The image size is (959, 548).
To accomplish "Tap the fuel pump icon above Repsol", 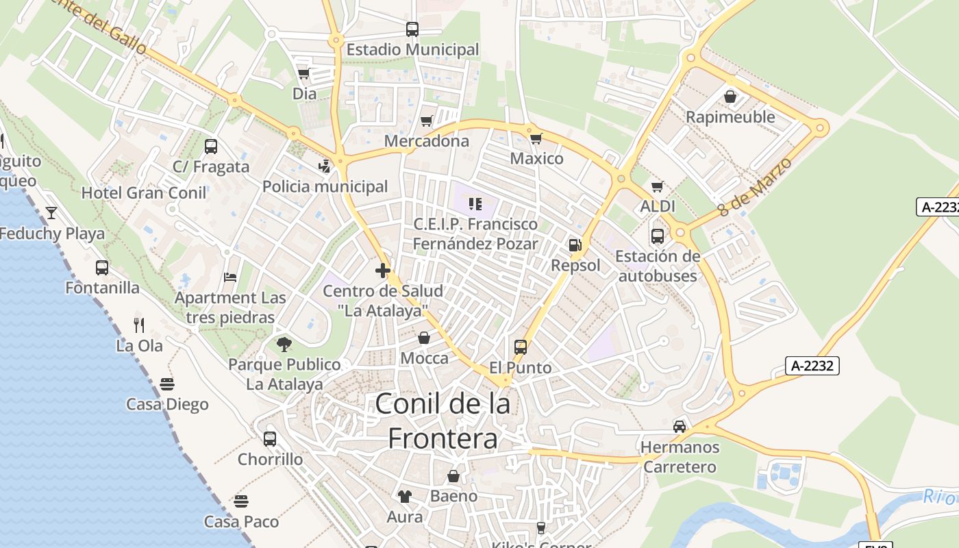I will [575, 245].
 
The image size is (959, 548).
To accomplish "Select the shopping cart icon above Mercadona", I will [427, 121].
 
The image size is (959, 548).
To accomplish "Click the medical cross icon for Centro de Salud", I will [383, 271].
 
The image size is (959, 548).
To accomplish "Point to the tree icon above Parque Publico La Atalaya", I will [284, 344].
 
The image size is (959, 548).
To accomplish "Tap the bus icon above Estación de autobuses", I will [658, 236].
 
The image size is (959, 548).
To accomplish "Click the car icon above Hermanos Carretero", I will [680, 427].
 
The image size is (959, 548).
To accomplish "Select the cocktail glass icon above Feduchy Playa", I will [51, 213].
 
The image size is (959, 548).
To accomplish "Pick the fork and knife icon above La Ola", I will [139, 325].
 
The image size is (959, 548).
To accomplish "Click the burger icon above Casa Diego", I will [167, 384].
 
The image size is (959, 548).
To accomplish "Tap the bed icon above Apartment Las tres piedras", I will [230, 277].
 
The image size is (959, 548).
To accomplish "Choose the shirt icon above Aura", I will [405, 497].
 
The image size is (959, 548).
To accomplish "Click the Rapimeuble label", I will [730, 117].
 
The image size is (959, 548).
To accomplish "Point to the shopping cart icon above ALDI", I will [658, 186].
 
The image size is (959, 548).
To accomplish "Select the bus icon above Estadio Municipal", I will [412, 29].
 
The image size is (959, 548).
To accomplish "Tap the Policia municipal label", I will [325, 186].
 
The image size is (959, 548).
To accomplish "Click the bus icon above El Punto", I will [521, 347].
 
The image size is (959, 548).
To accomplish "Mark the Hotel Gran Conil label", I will [144, 193].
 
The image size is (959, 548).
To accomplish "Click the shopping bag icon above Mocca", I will [424, 338].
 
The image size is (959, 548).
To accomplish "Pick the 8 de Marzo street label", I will [756, 186].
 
